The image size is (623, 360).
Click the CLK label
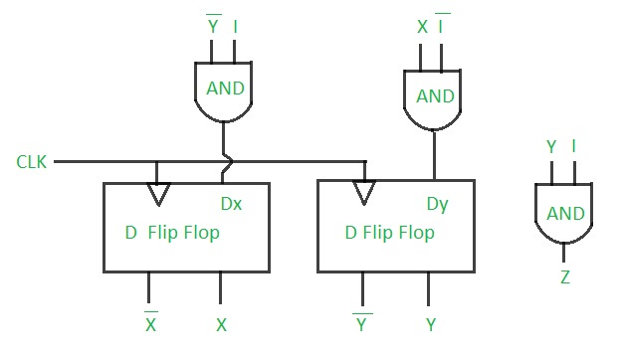tap(29, 160)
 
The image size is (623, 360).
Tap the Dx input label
tap(231, 204)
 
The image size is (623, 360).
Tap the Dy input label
tap(438, 204)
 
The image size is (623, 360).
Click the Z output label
tap(565, 277)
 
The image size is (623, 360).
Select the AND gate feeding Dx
tap(225, 90)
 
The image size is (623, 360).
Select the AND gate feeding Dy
tap(434, 96)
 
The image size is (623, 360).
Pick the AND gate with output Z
tap(565, 213)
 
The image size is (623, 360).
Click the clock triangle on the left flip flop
tap(156, 193)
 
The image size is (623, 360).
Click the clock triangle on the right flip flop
tap(364, 191)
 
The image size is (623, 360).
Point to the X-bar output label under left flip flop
tap(150, 323)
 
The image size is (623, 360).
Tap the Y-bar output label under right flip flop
tap(361, 323)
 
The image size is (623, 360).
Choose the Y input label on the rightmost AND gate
tap(551, 148)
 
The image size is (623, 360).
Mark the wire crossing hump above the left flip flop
tap(228, 160)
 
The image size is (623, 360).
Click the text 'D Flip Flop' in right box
tap(389, 234)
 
